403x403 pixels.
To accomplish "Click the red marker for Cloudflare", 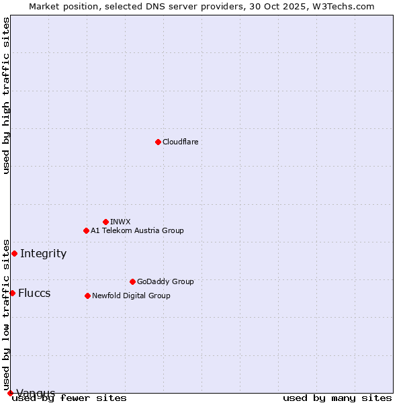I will click(158, 142).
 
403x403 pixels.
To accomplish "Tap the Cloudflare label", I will click(180, 142).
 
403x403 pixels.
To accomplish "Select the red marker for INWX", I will click(105, 222).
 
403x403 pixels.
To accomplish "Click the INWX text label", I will click(120, 222).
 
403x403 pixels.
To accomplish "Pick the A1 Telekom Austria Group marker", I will click(86, 230).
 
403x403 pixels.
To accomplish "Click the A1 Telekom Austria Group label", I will click(137, 230).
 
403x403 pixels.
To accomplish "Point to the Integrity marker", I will click(14, 253).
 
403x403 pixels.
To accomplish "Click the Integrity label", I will click(43, 253).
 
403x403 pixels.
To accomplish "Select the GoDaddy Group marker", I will click(132, 281).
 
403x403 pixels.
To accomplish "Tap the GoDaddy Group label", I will click(165, 281).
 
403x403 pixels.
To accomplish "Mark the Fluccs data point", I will click(12, 293).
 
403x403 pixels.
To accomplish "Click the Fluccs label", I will click(34, 293).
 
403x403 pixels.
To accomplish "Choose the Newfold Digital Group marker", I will click(87, 296).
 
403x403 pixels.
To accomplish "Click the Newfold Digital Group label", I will click(131, 296).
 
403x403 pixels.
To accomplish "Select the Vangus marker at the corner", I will click(10, 393).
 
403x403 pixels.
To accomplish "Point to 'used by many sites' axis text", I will click(337, 398).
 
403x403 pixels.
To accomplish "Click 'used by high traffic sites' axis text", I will click(6, 95).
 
